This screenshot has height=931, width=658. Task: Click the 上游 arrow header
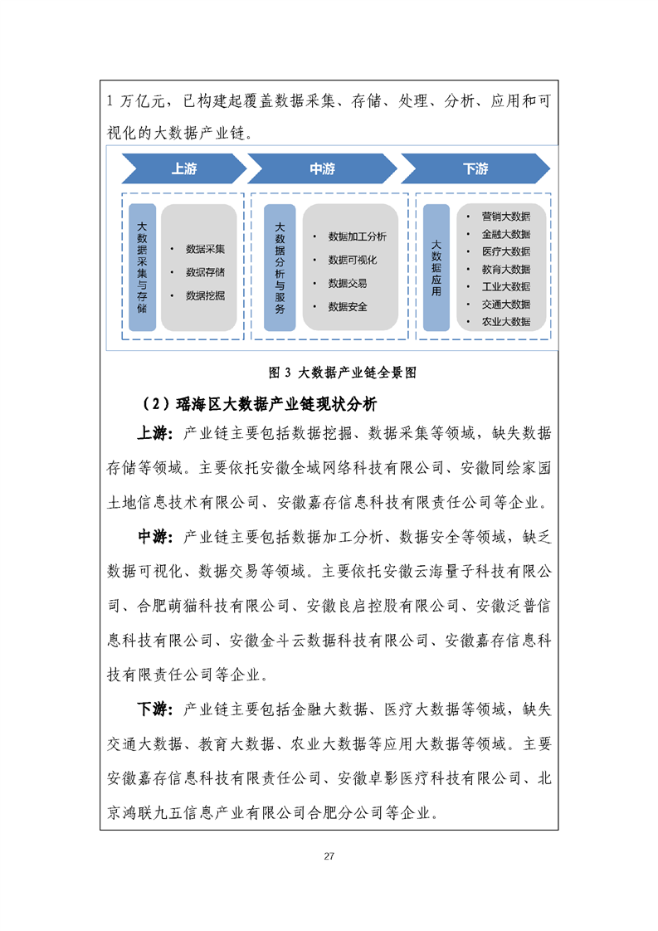[184, 168]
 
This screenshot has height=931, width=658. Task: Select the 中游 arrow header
[323, 168]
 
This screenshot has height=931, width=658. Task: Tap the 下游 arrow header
[475, 168]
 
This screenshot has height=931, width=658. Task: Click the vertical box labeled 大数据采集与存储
[143, 267]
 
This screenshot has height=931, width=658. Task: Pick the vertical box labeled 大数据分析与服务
[280, 267]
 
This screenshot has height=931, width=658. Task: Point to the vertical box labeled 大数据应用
[436, 267]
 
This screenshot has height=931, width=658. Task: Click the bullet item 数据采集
[206, 249]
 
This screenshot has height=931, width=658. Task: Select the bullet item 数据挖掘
[206, 295]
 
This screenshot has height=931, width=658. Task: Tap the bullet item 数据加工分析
[358, 236]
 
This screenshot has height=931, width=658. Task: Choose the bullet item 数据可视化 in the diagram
[353, 260]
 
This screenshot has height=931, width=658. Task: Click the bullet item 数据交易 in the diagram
[348, 283]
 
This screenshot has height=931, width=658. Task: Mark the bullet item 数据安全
[348, 307]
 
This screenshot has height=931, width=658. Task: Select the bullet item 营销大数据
[506, 216]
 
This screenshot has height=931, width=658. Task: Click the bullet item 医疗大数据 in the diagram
[506, 251]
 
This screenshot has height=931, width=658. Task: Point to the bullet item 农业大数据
[506, 322]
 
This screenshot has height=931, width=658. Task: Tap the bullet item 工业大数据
[506, 287]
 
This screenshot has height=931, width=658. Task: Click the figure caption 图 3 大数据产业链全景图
[343, 373]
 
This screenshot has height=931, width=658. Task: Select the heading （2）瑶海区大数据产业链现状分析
[258, 404]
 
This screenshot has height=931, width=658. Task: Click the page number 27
[329, 856]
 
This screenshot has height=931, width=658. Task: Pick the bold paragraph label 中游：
[156, 538]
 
